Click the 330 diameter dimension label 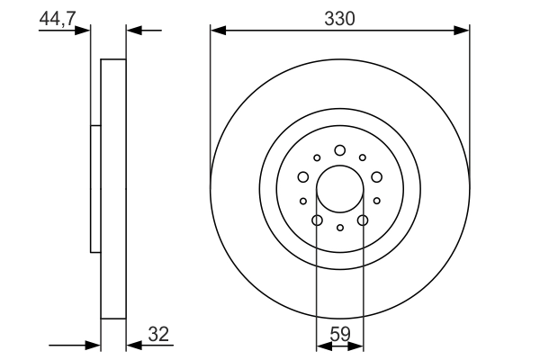[339, 19]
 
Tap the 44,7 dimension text [58, 17]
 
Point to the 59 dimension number [340, 335]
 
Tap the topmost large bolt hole [339, 150]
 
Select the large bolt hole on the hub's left [303, 176]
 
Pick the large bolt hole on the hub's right [376, 176]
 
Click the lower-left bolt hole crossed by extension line [317, 220]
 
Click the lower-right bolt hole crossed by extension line [363, 220]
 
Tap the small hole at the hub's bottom [339, 228]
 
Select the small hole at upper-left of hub [317, 157]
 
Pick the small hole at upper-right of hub [363, 157]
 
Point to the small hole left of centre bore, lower [303, 201]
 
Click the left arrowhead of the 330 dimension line [216, 31]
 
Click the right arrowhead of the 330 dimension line [463, 31]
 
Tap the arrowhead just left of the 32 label [132, 344]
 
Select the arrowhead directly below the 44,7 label [85, 31]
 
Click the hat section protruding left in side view [95, 189]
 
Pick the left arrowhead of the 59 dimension [321, 344]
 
